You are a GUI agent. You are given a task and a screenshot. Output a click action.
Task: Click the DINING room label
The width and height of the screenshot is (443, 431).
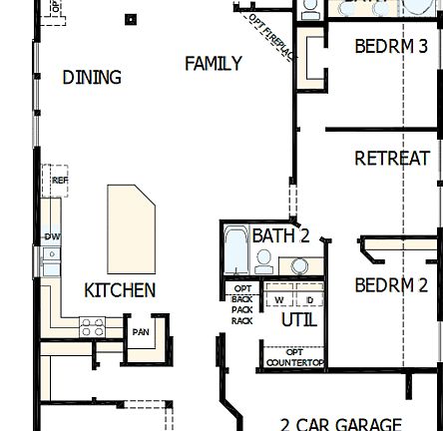(92, 77)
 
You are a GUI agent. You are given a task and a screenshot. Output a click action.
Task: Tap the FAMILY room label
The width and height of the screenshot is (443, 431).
(213, 64)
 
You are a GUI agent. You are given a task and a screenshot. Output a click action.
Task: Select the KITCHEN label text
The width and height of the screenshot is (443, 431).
(120, 290)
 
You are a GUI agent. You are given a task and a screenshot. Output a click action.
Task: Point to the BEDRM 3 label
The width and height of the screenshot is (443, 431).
(391, 46)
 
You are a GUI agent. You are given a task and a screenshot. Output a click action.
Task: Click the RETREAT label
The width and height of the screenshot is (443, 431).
(391, 159)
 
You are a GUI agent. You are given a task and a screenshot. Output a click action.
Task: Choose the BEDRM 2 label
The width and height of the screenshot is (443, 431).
(391, 285)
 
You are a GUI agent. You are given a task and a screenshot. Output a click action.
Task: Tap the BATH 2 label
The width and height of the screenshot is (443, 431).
(280, 236)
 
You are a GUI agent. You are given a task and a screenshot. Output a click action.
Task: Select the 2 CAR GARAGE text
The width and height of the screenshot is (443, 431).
(340, 423)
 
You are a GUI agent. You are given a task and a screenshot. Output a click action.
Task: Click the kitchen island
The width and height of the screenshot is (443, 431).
(131, 226)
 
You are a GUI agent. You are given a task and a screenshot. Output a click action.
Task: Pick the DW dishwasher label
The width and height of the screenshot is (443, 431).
(51, 236)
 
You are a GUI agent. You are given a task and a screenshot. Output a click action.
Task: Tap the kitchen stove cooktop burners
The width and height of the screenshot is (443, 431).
(92, 325)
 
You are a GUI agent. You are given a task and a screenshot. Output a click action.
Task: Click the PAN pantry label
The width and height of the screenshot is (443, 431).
(141, 332)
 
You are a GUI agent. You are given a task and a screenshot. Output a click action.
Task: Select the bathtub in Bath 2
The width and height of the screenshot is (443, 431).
(236, 250)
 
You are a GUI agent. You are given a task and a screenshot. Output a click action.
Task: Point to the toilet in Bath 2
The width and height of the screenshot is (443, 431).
(264, 261)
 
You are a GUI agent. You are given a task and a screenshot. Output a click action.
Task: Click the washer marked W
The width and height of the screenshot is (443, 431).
(279, 299)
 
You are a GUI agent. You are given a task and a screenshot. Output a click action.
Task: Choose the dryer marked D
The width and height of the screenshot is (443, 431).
(309, 299)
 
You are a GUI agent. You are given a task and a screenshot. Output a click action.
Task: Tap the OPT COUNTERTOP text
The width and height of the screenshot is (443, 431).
(294, 357)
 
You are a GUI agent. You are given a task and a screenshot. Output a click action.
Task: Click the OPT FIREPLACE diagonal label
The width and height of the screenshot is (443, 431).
(271, 38)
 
